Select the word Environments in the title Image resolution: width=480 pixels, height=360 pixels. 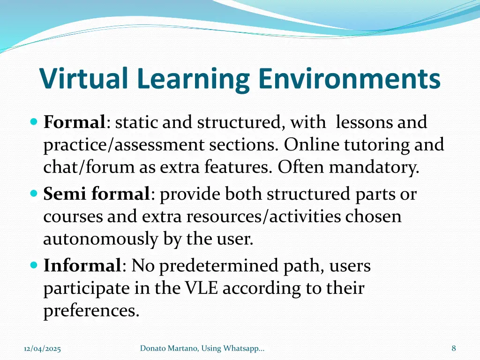pos(349,79)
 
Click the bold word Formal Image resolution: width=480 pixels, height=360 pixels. pos(74,122)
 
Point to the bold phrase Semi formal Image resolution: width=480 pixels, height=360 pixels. pos(97,194)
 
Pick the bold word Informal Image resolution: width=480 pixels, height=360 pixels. pos(82,266)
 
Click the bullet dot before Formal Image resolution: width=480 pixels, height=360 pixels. pos(33,121)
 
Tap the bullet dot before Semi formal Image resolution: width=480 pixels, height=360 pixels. pos(33,193)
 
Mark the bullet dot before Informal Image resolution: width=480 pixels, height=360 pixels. pos(33,265)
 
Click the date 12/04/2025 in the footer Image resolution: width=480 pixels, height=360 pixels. pos(42,348)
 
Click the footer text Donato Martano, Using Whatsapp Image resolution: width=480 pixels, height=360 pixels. pos(202,348)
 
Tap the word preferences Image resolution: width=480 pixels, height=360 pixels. pos(91,311)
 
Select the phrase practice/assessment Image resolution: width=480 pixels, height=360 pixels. pos(124,145)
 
